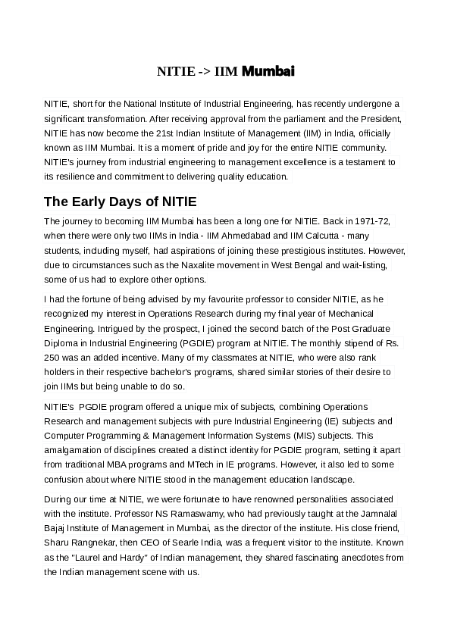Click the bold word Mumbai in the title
[x=268, y=72]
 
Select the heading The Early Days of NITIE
[x=121, y=202]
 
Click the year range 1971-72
[x=371, y=221]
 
